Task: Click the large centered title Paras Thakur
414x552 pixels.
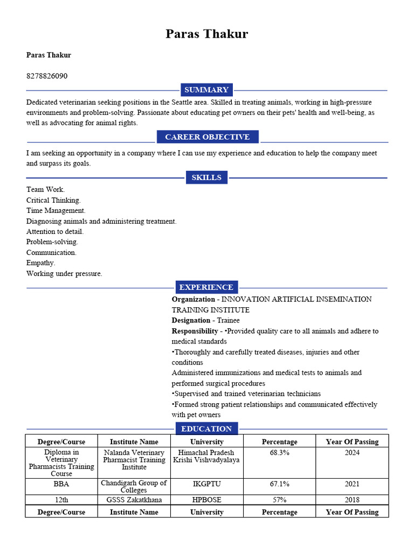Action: click(206, 34)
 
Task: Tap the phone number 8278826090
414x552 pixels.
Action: click(47, 76)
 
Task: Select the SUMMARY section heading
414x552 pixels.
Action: click(206, 90)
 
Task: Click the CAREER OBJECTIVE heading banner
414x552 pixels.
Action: click(207, 137)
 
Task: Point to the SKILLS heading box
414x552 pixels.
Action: click(206, 177)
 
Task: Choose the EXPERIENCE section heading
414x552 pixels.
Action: click(206, 287)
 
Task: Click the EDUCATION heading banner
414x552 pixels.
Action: click(206, 429)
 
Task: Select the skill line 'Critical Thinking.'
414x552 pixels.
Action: click(53, 200)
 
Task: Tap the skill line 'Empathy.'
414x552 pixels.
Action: click(41, 263)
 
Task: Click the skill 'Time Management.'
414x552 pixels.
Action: click(56, 211)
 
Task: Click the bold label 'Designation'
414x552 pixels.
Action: click(191, 320)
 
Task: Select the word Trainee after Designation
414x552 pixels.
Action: click(228, 320)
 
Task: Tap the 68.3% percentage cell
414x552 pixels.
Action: click(279, 453)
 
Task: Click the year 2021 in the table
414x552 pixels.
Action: click(352, 485)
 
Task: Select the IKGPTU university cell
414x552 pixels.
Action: click(206, 485)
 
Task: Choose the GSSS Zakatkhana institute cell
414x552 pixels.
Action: click(134, 500)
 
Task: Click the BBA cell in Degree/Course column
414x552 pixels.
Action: click(61, 485)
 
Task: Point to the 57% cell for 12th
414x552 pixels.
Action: click(279, 500)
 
